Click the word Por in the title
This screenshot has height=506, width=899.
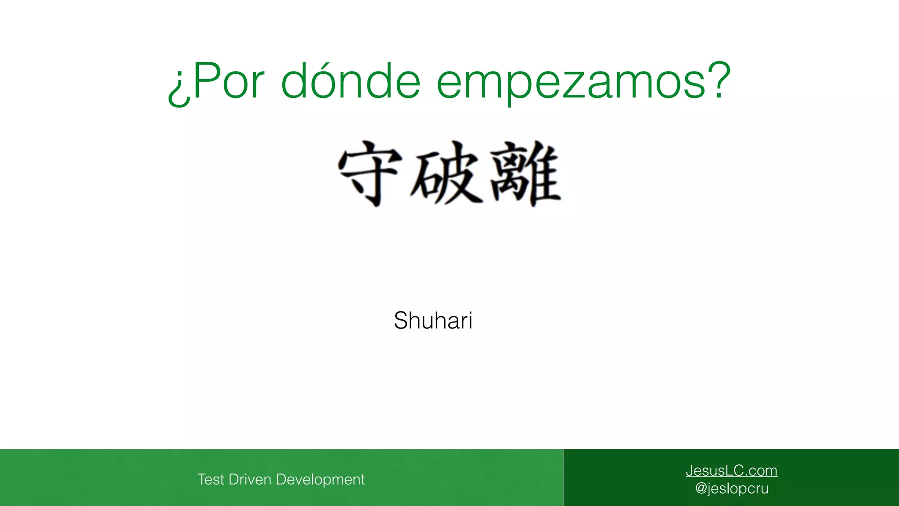228,81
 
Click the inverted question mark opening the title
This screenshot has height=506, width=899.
179,88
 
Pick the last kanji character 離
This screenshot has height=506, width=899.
525,173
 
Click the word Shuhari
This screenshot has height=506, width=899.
433,320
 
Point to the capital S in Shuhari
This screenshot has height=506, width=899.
402,320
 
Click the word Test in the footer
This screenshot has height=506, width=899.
211,479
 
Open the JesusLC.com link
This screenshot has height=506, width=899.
731,470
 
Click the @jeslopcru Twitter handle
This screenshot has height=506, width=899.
732,488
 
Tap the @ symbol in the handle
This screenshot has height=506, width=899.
701,488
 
